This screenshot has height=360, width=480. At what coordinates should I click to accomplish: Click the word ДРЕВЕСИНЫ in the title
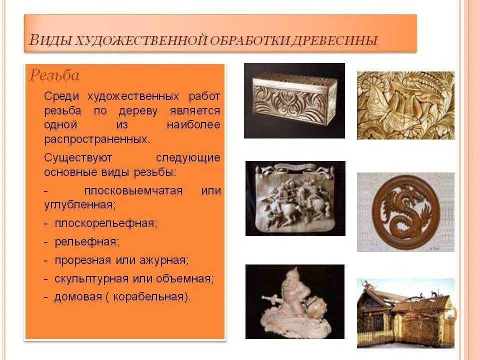tap(340, 40)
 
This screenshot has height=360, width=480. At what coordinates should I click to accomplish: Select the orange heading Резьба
tap(54, 75)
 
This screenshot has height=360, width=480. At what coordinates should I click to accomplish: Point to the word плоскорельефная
tap(106, 223)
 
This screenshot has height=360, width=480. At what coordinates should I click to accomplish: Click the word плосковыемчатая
tap(133, 191)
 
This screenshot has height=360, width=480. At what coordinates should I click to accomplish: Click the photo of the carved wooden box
tap(294, 100)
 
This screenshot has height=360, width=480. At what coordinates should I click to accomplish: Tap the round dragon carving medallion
tap(405, 212)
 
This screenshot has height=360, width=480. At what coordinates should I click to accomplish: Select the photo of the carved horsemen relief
tap(295, 198)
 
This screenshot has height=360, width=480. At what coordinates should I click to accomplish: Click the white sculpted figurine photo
tap(295, 301)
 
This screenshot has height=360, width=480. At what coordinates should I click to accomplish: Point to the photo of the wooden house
tap(405, 313)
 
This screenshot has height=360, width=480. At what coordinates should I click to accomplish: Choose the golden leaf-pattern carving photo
tap(405, 105)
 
